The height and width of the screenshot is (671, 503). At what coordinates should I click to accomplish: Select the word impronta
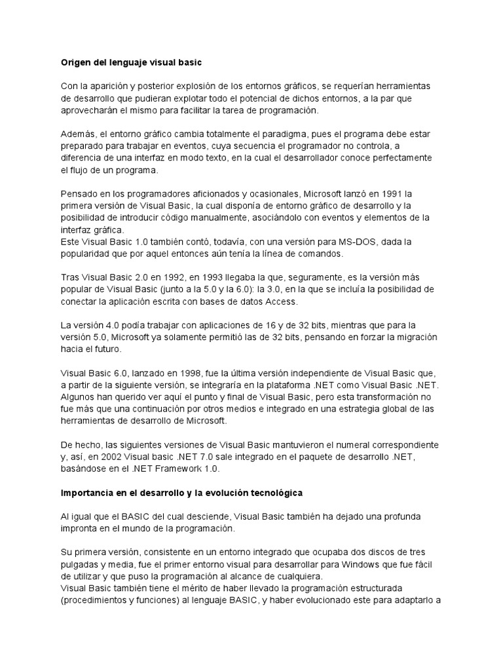81,528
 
